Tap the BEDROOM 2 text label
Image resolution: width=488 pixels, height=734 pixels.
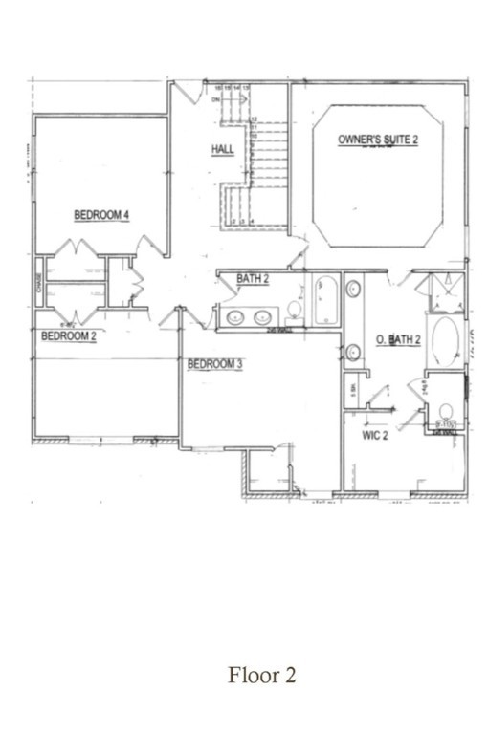68,335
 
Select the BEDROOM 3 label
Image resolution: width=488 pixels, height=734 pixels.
214,363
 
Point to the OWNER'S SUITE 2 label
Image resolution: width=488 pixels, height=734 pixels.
378,140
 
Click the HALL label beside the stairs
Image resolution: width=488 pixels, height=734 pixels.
222,149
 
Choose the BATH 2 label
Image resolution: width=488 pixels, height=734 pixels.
253,279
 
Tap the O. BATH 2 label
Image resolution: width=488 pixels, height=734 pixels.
396,339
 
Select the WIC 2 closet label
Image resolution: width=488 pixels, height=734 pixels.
373,436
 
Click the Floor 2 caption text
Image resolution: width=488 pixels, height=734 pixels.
261,676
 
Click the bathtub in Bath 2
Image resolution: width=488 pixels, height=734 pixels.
324,298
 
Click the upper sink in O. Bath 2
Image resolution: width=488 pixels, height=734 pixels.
352,289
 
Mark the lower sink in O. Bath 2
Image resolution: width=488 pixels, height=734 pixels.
352,352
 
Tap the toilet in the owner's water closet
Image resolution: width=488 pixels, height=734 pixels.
445,416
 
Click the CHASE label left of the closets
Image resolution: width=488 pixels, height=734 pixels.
39,283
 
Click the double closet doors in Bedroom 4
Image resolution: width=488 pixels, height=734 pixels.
75,250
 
